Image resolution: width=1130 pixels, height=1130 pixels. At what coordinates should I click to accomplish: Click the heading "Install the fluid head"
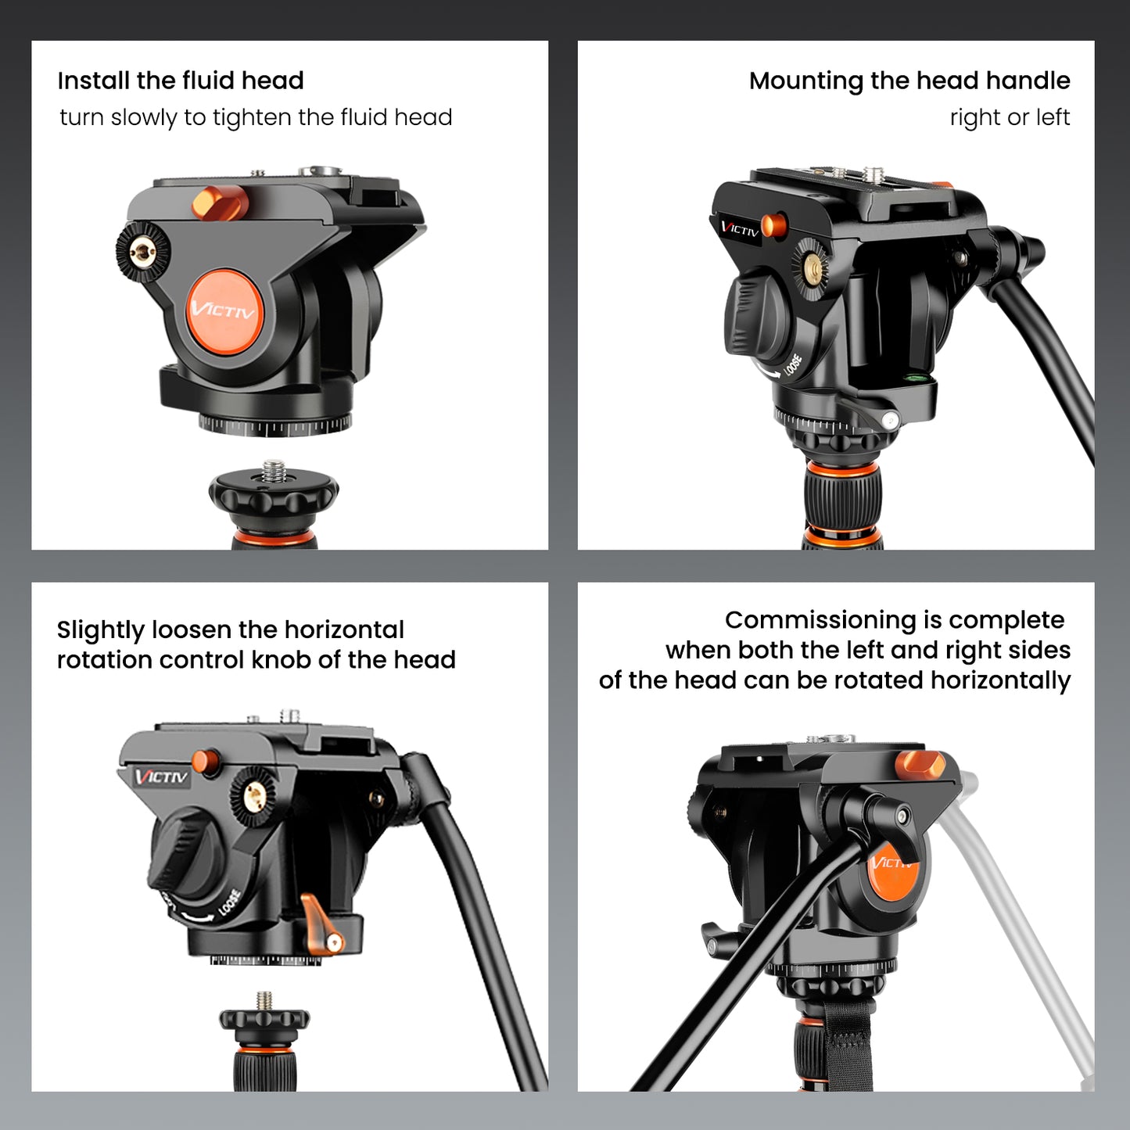(x=180, y=81)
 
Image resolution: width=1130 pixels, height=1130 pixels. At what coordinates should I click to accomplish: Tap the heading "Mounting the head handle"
(x=909, y=81)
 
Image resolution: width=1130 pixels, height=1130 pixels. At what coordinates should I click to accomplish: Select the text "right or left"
(x=1009, y=117)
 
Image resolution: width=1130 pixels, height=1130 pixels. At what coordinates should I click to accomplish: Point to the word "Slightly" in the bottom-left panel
(x=100, y=630)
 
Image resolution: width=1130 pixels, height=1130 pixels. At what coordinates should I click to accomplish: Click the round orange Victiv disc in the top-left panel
(x=224, y=310)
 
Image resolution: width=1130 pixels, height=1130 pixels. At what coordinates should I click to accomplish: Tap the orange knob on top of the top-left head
(x=220, y=203)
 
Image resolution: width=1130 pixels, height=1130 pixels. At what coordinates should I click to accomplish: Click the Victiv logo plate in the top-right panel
(x=738, y=229)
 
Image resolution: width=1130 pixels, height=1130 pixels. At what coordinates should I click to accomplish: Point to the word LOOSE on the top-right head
(x=793, y=366)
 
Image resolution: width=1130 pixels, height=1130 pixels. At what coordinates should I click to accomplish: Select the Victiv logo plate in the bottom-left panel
(x=160, y=777)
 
